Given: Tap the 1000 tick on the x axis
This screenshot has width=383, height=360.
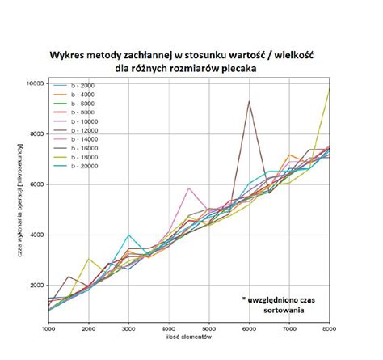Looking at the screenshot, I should (48, 329).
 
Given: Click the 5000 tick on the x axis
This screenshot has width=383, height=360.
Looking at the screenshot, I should (208, 329).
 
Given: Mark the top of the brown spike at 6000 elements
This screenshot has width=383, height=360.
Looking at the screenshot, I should (249, 101).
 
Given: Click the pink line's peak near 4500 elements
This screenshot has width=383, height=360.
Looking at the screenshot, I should (188, 188).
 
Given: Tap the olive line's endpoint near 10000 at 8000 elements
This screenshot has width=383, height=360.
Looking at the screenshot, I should (328, 88).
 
